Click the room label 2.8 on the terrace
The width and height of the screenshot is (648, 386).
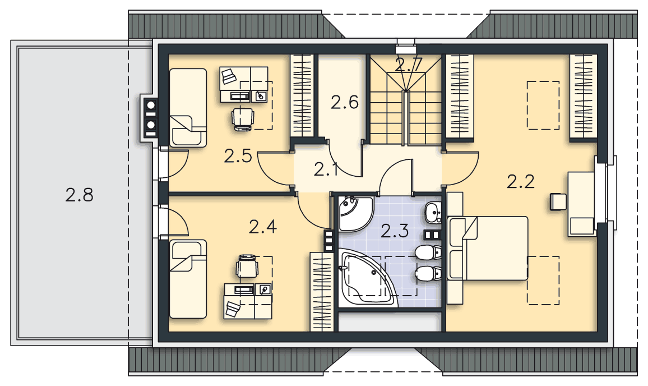pyautogui.click(x=80, y=195)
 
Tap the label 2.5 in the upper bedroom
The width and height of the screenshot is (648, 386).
pyautogui.click(x=238, y=156)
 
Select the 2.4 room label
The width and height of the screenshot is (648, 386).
pyautogui.click(x=263, y=227)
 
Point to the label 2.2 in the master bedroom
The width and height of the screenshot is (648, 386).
pyautogui.click(x=521, y=181)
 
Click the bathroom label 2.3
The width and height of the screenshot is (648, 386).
pyautogui.click(x=395, y=231)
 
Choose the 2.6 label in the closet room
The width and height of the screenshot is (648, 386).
pyautogui.click(x=345, y=102)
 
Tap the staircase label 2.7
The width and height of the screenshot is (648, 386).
pyautogui.click(x=409, y=65)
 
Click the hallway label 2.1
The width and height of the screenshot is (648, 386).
pyautogui.click(x=326, y=169)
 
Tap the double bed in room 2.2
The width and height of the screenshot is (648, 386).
pyautogui.click(x=488, y=248)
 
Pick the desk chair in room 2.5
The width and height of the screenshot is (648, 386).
pyautogui.click(x=243, y=118)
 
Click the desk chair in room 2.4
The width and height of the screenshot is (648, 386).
pyautogui.click(x=247, y=266)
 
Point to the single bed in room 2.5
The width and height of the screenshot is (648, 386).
pyautogui.click(x=188, y=108)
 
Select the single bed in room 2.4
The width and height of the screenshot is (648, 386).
pyautogui.click(x=188, y=279)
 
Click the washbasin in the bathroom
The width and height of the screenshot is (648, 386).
pyautogui.click(x=433, y=213)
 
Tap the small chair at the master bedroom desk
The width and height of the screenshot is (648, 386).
pyautogui.click(x=558, y=202)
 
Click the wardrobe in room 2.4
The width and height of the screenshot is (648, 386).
pyautogui.click(x=322, y=292)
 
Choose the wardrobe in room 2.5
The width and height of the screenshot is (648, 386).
pyautogui.click(x=302, y=95)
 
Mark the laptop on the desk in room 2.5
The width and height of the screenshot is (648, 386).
pyautogui.click(x=228, y=76)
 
